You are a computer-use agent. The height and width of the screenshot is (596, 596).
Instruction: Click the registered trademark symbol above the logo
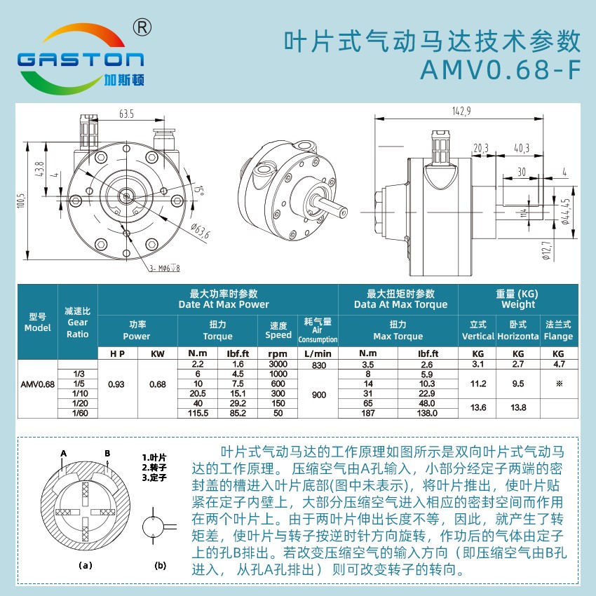pos(142,27)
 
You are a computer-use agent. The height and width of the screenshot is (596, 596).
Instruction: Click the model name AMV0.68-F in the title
pos(501,69)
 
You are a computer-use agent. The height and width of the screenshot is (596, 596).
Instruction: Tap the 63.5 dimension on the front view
pos(126,114)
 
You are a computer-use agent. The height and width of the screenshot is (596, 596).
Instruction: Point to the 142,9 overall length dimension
pos(461,111)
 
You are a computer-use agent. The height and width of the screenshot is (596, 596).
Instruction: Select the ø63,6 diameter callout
pos(200,231)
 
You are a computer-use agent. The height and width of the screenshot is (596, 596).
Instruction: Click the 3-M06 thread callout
pos(165,269)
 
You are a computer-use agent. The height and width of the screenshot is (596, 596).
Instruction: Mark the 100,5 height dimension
pos(21,201)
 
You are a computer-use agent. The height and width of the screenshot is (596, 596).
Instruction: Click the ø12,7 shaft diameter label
pos(547,251)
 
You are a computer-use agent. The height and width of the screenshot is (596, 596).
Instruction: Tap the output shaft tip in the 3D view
pos(344,211)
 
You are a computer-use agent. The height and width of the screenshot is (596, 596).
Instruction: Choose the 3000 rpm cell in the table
pos(278,364)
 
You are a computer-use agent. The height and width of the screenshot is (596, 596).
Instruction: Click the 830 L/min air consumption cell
pos(319,365)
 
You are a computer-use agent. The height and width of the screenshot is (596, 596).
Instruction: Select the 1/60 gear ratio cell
pos(80,413)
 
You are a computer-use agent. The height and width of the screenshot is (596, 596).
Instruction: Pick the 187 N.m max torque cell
pos(368,413)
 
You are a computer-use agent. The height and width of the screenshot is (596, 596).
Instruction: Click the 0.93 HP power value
pos(116,384)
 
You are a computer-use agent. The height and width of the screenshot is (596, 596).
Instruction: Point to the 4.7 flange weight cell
pos(559,364)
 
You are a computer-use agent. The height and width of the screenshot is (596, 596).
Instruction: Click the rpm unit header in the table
pos(278,353)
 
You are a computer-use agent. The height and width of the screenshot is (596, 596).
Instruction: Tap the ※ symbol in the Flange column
pos(559,384)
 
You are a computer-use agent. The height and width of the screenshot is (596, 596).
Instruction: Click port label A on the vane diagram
pos(64,453)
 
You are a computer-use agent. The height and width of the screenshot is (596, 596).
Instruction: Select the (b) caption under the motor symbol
pos(161,565)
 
